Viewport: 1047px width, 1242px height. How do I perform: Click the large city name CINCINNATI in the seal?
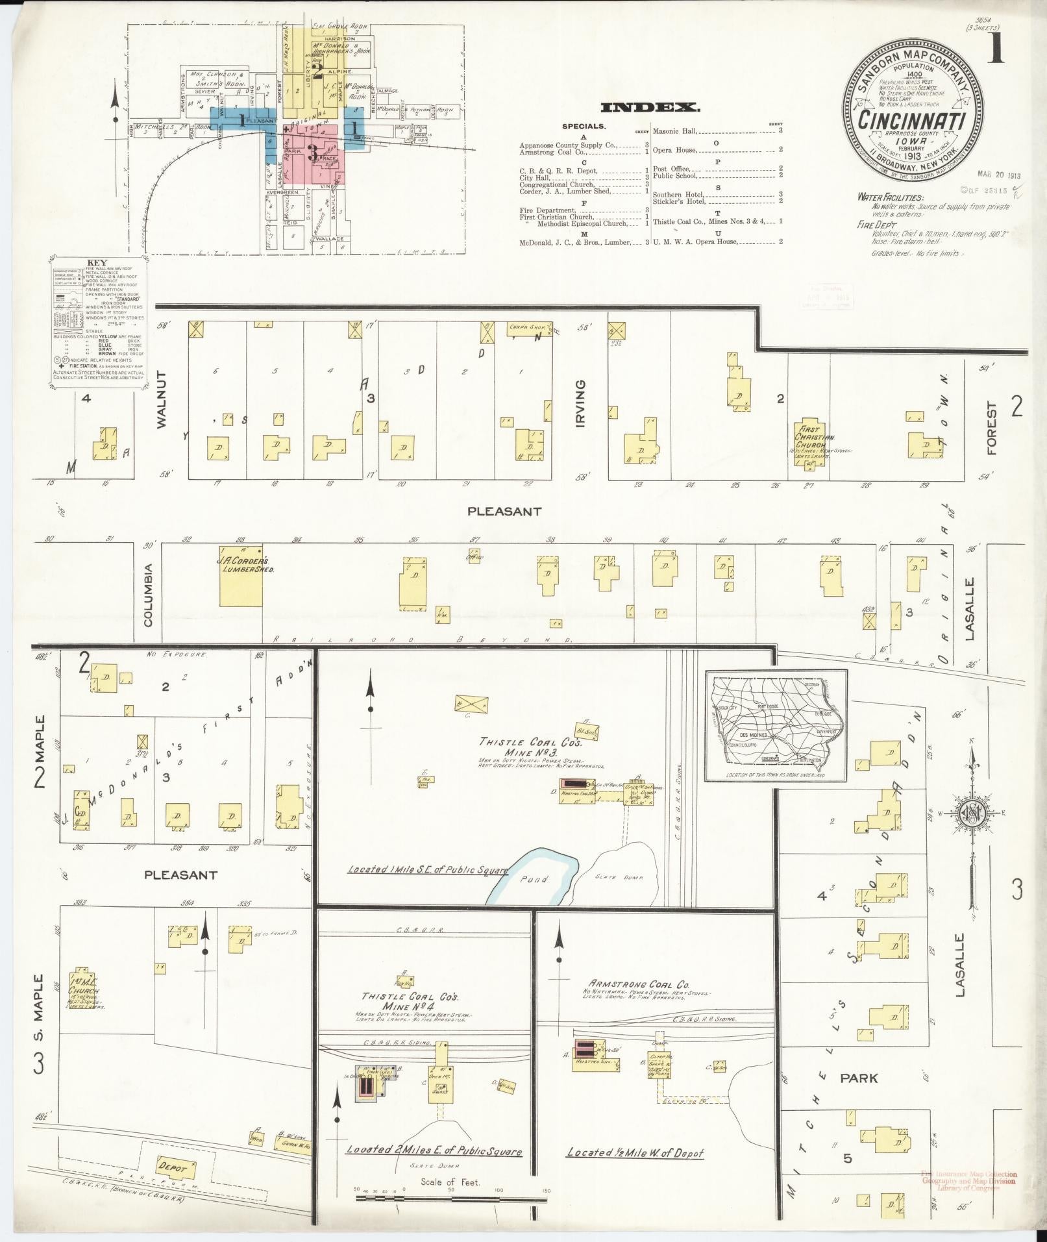(912, 120)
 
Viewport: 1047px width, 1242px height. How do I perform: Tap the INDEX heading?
(650, 108)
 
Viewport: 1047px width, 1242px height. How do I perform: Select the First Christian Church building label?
(810, 434)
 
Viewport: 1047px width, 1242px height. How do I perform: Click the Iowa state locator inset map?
(776, 727)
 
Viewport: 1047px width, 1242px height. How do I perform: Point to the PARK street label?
(858, 1078)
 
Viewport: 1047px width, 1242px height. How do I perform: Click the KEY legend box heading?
(97, 264)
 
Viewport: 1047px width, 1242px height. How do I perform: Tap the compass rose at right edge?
(972, 813)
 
